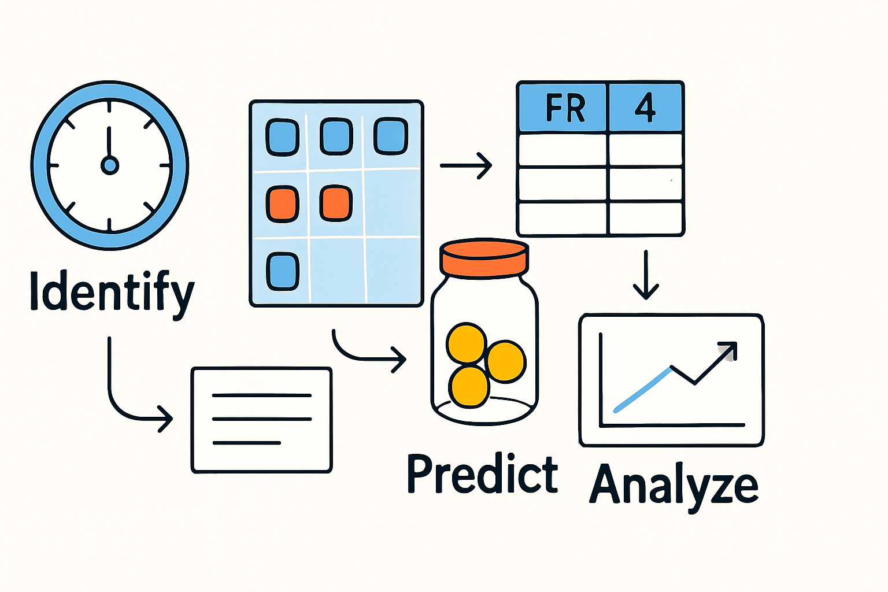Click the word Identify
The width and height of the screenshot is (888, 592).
point(112,293)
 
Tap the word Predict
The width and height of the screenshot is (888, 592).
point(483,474)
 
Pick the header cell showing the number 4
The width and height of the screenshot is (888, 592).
point(645,108)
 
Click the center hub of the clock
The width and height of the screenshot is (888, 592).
point(109,165)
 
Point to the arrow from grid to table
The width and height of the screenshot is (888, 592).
point(466,165)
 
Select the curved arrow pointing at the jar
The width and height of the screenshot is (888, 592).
point(368,354)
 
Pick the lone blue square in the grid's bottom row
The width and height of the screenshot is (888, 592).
point(282,271)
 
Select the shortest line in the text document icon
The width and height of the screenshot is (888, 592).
point(246,443)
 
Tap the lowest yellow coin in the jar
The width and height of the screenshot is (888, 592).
point(469,386)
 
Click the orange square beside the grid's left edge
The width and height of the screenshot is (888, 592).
point(282,204)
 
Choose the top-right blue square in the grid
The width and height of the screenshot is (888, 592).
point(391,137)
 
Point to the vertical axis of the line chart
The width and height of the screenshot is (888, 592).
point(601,379)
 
